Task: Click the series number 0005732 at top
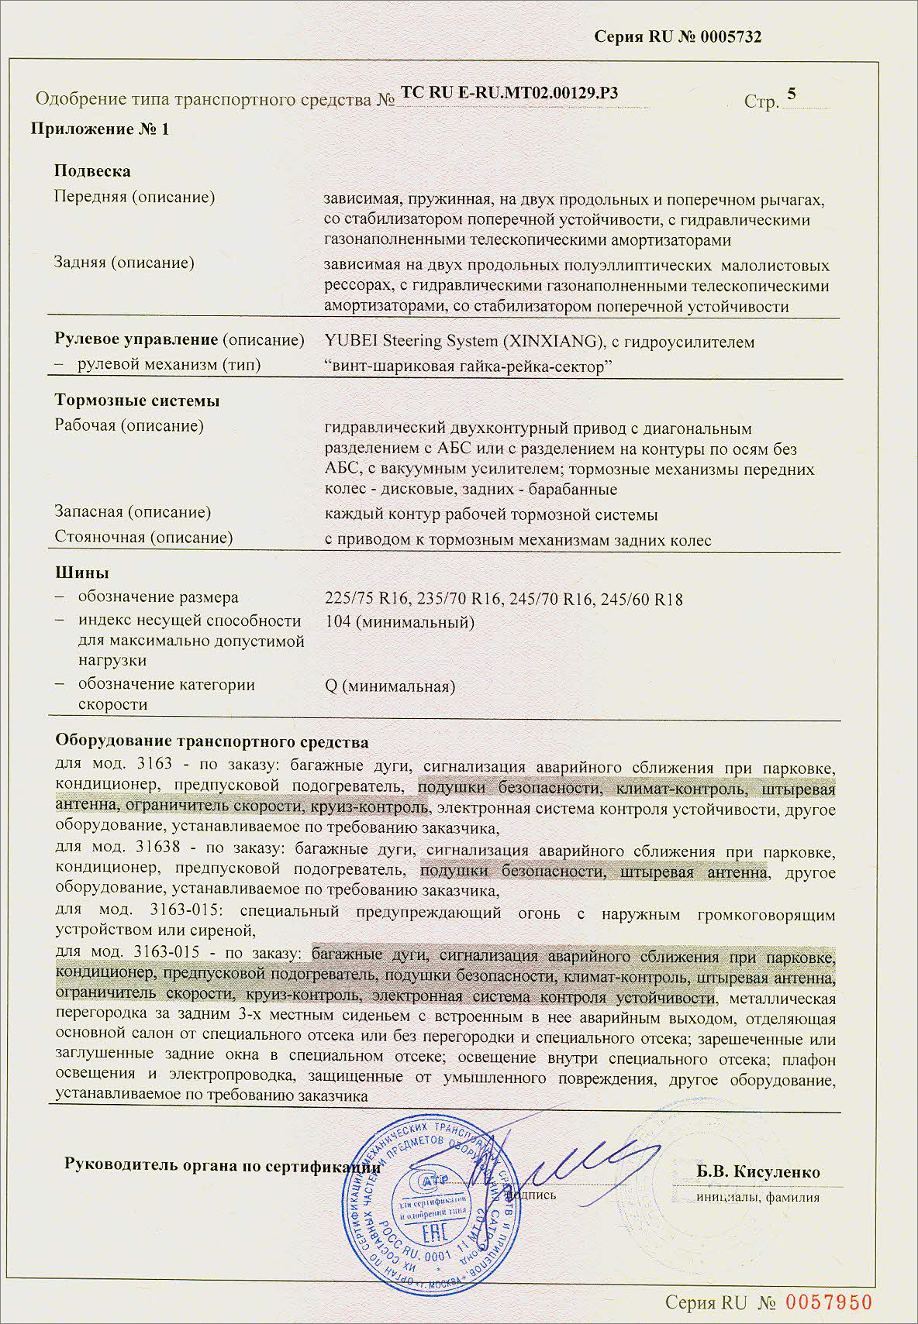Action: (730, 37)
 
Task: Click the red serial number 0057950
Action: (829, 1302)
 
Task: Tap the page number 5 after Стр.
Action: (791, 95)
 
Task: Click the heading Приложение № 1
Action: (99, 129)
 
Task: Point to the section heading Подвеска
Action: (92, 171)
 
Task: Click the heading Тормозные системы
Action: (137, 401)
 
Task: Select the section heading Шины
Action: (81, 573)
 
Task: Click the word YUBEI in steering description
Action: (350, 342)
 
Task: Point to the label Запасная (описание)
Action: (133, 512)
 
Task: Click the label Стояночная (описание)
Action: (143, 537)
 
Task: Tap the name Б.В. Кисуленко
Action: (758, 1171)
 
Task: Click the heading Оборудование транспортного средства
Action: (212, 741)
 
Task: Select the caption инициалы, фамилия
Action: (758, 1197)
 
